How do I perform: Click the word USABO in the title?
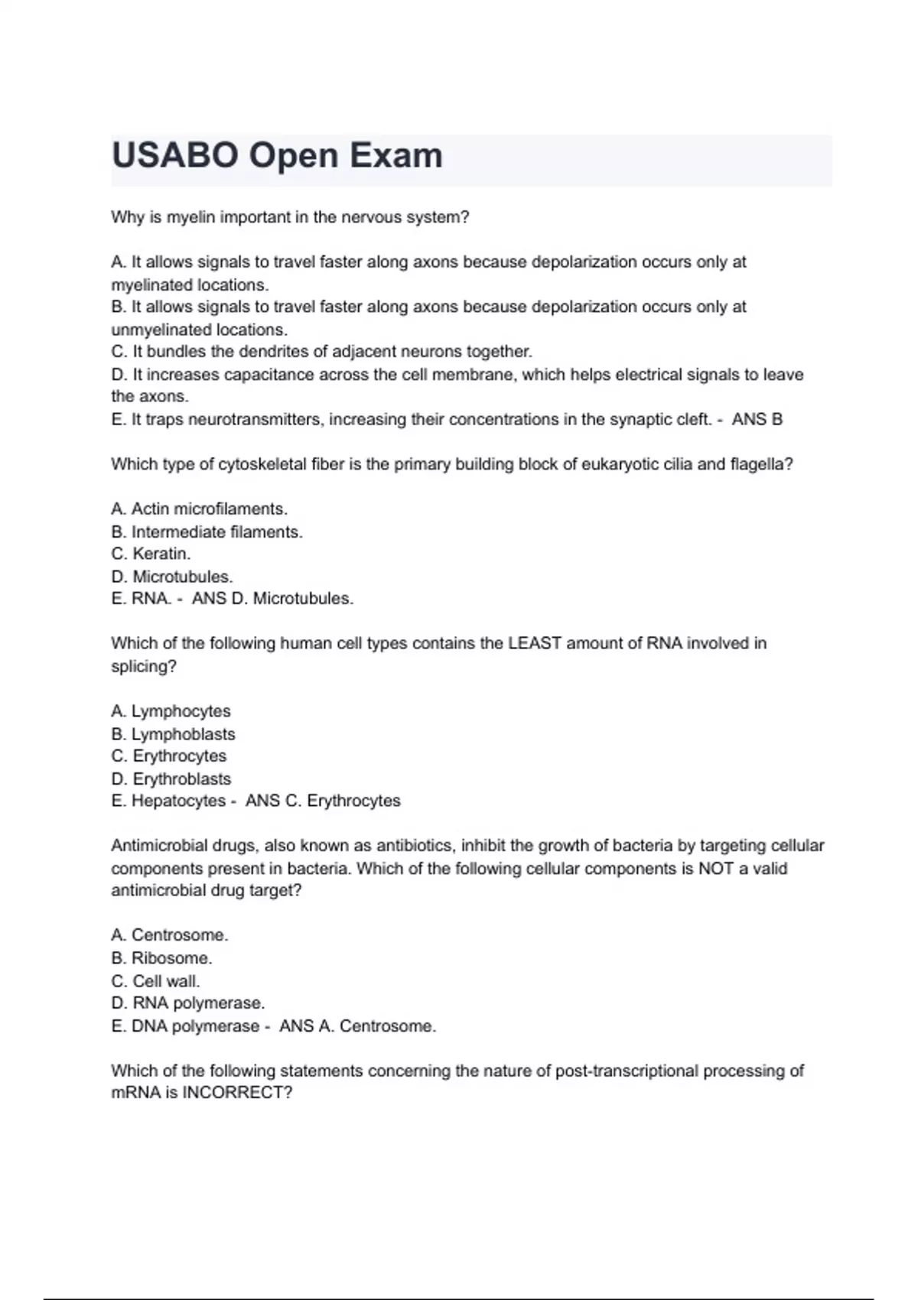tap(175, 155)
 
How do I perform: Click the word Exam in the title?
tap(396, 155)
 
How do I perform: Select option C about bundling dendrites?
tap(321, 352)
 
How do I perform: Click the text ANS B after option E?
tap(757, 419)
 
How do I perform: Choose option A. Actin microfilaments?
tap(199, 509)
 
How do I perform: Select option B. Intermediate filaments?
tap(207, 532)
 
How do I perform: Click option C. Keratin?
tap(151, 554)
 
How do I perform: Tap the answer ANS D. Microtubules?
tap(272, 599)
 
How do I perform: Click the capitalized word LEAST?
tap(535, 644)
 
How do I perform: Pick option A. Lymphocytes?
tap(171, 711)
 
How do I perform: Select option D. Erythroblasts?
tap(171, 779)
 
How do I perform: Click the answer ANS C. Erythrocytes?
tap(323, 801)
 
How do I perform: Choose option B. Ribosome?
tap(161, 958)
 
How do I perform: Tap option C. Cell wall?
tap(155, 981)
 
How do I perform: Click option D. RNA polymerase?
tap(187, 1003)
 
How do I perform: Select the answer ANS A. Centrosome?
tap(357, 1026)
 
